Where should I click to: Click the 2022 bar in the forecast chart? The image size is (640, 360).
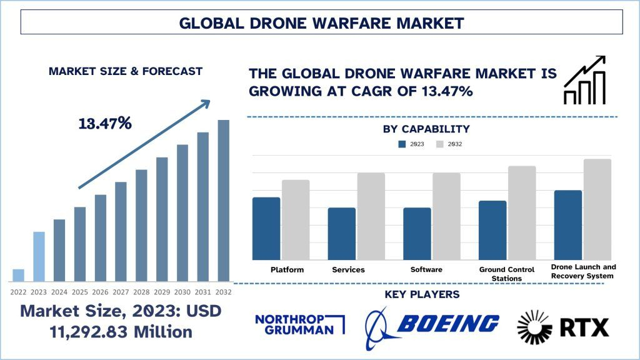point(18,275)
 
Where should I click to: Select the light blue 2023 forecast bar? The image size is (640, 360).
point(39,256)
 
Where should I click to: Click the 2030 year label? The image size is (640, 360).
point(182,292)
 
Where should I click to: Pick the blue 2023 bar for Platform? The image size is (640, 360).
point(266,228)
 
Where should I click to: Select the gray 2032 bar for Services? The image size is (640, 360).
point(371,216)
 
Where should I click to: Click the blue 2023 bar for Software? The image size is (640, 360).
point(417,234)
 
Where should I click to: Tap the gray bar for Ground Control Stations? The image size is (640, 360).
point(522,212)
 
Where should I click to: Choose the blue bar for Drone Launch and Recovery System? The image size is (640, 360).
point(567,225)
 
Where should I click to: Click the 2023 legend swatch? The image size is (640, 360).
point(402,144)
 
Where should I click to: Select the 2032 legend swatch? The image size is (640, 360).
point(440,144)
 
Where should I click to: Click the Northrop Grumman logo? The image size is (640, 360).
point(301,324)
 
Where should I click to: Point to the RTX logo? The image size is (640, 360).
point(562,326)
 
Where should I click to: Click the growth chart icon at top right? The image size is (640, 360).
point(585,80)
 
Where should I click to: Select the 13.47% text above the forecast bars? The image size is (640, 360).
point(105,123)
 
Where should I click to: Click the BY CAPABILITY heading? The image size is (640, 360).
point(426,129)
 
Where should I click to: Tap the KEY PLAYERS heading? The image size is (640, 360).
point(422,294)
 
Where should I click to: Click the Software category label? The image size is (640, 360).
point(426,269)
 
